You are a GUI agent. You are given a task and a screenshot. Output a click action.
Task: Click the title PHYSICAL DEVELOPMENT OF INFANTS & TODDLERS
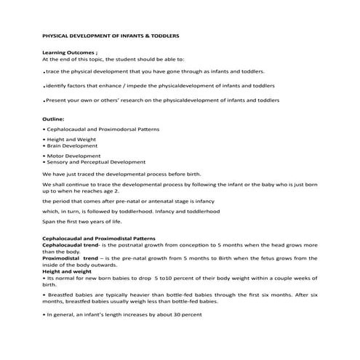pos(111,34)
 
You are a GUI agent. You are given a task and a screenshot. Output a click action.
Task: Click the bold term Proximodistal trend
pos(71,259)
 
